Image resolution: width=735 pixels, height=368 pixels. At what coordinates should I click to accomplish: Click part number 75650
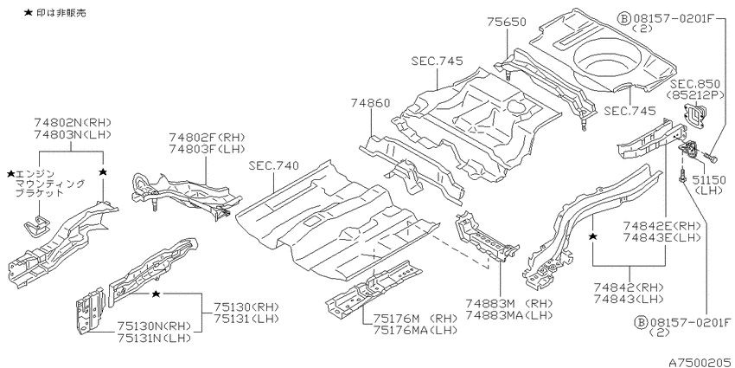coord(506,22)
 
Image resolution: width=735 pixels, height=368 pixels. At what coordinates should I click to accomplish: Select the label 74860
coord(370,103)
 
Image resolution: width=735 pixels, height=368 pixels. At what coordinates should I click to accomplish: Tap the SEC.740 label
coord(274,165)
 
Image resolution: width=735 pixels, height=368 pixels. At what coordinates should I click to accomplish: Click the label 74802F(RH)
coord(208,137)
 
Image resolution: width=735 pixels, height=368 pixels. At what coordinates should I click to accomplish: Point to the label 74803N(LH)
coord(72,134)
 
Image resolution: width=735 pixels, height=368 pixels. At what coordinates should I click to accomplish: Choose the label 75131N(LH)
coord(155,337)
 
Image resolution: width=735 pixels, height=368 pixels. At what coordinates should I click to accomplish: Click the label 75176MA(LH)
coord(415,330)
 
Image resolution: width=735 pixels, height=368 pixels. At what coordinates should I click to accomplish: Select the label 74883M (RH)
coord(509,303)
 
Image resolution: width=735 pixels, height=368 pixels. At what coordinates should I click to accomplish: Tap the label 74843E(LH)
coord(661,236)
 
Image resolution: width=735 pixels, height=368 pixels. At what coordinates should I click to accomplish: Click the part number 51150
coord(710,181)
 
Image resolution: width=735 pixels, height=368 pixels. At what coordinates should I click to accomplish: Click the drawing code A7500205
coord(700,362)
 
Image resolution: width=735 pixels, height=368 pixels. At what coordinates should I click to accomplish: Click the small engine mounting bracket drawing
coord(37,226)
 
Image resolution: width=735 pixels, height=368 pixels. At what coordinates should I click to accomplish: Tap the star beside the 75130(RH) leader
coord(157,294)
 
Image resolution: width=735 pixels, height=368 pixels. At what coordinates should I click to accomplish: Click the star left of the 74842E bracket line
coord(593,236)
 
